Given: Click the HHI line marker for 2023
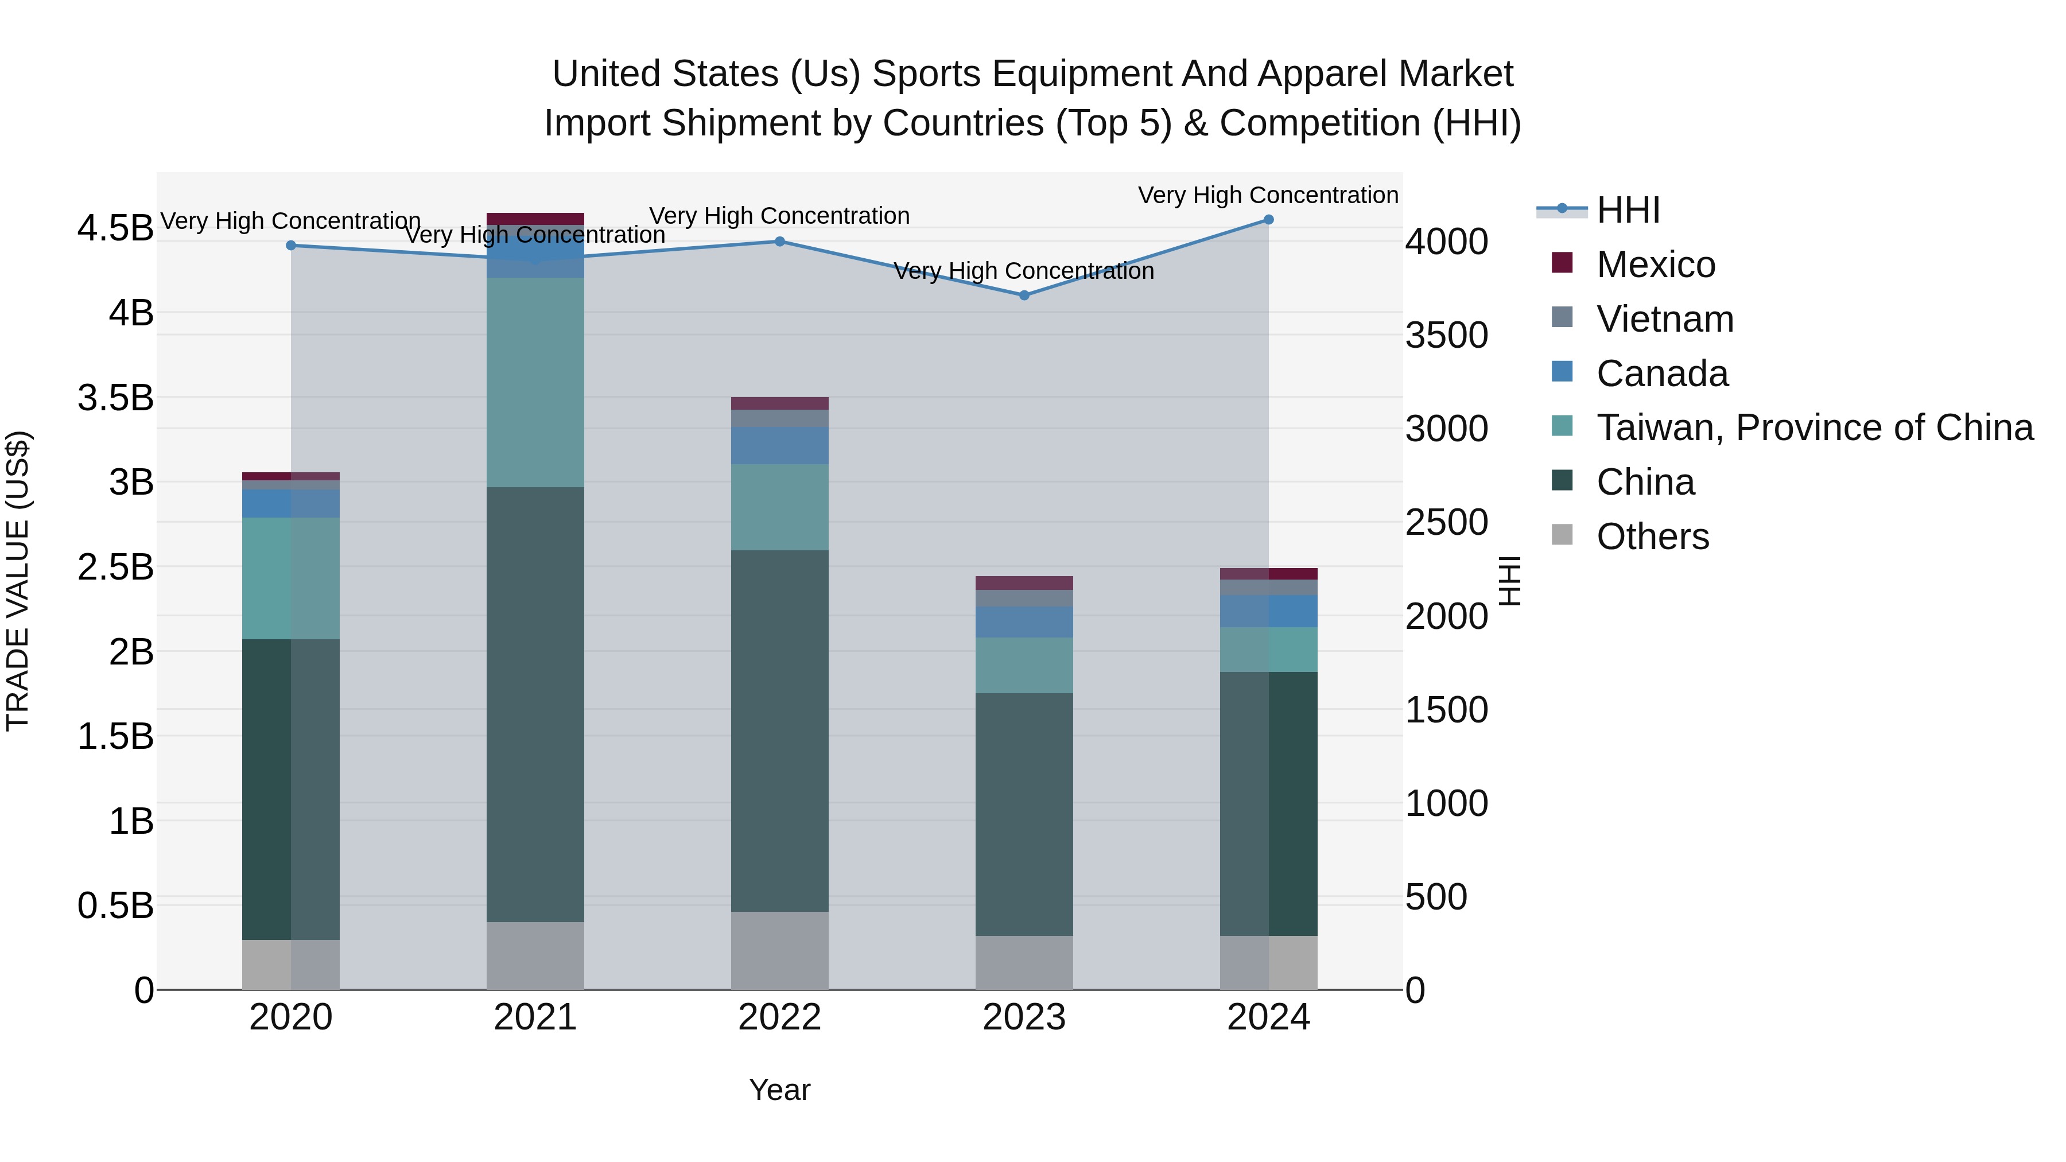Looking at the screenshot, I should [1024, 295].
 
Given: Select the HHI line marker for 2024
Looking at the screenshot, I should [1268, 220].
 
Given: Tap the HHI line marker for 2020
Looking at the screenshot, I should [291, 246].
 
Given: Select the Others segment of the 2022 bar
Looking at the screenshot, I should [779, 950].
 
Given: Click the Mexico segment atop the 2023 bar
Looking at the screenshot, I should [1024, 583].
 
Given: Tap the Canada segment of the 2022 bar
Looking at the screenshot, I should [779, 446].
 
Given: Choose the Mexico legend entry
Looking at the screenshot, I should [1655, 265].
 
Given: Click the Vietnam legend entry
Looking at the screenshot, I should [1664, 319].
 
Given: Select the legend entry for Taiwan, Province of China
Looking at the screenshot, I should [1814, 428].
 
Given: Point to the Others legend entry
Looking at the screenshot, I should [1652, 537].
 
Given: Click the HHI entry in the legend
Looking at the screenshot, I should [1628, 210].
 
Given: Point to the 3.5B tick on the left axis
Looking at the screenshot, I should [115, 398].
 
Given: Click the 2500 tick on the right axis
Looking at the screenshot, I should [1446, 523].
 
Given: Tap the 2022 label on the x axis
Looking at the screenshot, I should [779, 1017].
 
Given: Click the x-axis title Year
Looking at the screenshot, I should [779, 1090].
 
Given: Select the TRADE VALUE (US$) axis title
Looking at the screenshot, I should [18, 581].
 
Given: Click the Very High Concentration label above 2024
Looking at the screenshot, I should [1268, 195].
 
